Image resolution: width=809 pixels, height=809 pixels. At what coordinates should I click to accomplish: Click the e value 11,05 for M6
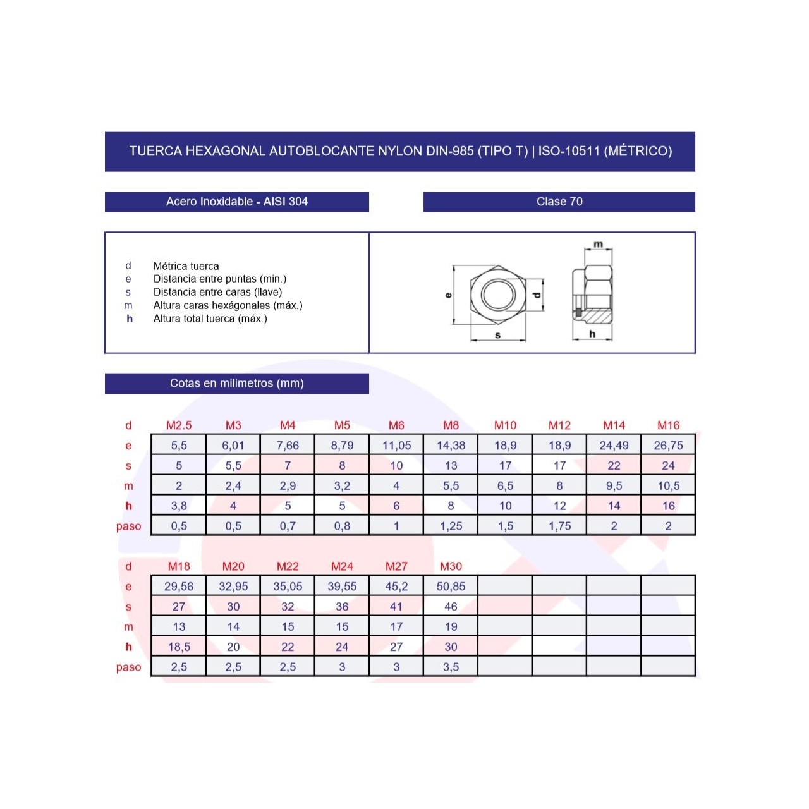click(x=396, y=445)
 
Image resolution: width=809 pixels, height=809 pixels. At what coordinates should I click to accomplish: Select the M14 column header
click(x=613, y=425)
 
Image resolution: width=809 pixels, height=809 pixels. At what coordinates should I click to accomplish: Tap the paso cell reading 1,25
click(x=451, y=526)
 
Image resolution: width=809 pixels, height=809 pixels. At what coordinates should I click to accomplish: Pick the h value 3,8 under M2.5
click(x=179, y=506)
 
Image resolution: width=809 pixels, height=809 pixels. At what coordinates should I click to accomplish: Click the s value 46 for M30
click(x=451, y=606)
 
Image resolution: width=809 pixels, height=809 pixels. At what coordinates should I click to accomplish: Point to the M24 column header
click(x=342, y=566)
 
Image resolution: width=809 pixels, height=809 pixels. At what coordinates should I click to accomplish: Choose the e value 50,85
click(x=451, y=586)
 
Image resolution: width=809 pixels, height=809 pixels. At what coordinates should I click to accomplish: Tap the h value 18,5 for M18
click(x=179, y=647)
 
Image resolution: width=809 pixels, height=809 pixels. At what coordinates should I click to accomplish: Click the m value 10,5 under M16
click(x=668, y=486)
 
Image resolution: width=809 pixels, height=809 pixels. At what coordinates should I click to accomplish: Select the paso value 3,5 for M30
click(x=451, y=667)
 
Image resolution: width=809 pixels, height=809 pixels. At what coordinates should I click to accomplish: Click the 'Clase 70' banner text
click(x=559, y=202)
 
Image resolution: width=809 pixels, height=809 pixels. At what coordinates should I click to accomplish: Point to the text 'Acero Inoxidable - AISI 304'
click(x=237, y=202)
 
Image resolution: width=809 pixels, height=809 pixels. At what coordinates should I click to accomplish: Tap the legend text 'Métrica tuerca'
click(x=186, y=265)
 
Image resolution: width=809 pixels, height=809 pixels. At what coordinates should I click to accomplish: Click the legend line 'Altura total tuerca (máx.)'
click(x=210, y=319)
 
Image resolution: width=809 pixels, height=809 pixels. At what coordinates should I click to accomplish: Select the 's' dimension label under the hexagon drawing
click(x=497, y=335)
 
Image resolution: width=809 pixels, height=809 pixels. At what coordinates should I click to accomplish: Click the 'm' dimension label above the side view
click(x=598, y=244)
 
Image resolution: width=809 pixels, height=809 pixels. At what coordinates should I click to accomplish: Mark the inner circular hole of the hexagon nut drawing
click(x=498, y=295)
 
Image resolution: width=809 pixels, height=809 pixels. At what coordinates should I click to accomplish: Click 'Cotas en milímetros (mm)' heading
click(x=237, y=383)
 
